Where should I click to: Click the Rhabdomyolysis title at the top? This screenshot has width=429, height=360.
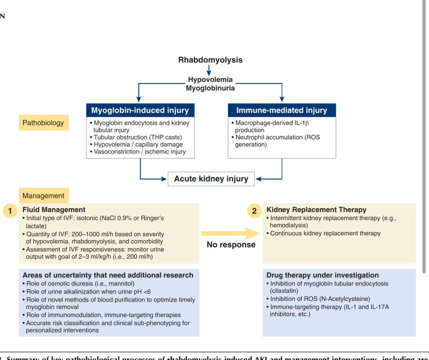tap(210, 60)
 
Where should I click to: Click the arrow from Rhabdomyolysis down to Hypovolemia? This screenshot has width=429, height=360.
tap(209, 70)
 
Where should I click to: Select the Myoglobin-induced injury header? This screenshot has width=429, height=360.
tap(140, 110)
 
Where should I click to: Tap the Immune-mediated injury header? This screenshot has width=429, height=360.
tap(282, 110)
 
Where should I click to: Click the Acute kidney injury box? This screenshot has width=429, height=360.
tap(211, 179)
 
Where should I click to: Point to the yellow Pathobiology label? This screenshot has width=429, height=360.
tap(43, 123)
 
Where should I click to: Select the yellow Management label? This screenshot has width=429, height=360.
tap(43, 196)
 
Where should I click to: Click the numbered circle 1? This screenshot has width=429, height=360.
tap(10, 211)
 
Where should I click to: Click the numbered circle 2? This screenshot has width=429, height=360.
tap(254, 211)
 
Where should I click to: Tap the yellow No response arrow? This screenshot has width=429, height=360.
tap(230, 233)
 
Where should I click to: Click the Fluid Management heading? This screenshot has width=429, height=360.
tap(54, 210)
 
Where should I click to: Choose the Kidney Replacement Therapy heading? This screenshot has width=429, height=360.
tap(316, 210)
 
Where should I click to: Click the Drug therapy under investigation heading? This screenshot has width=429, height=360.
tap(322, 275)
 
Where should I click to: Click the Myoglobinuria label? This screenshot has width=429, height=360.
tap(210, 88)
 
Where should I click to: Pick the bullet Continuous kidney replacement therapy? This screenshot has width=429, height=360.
tap(325, 233)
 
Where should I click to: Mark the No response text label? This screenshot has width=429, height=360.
tap(231, 245)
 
